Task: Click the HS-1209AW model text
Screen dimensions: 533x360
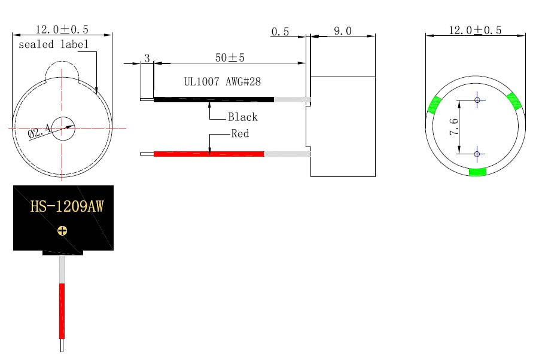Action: click(x=67, y=206)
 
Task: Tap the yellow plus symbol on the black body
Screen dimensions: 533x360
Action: click(x=62, y=231)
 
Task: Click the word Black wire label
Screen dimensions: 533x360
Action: click(x=243, y=117)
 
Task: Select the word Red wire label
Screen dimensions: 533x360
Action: click(x=240, y=133)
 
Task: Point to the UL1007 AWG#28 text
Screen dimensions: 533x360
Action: click(x=223, y=81)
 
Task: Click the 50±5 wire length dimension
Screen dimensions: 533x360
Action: click(x=230, y=57)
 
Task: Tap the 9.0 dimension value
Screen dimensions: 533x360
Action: click(x=343, y=31)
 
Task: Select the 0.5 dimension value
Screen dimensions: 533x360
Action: click(x=280, y=32)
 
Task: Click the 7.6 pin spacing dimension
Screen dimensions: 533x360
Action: click(x=454, y=127)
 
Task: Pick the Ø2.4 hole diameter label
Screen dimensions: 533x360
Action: click(x=39, y=131)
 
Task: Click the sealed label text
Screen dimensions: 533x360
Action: click(x=53, y=44)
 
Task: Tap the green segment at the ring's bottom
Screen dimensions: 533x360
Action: click(x=477, y=172)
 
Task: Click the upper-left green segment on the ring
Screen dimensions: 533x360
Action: click(x=434, y=105)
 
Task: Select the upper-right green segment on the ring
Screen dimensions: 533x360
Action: click(x=514, y=101)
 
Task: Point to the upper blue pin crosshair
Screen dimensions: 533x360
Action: click(x=477, y=100)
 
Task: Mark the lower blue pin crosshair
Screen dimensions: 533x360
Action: click(x=477, y=154)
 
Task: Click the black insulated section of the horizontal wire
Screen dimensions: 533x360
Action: click(x=214, y=100)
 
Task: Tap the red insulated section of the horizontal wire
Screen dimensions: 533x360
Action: click(x=209, y=154)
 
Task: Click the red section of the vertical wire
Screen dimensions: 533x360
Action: click(x=62, y=311)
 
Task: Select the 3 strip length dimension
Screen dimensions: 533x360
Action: click(x=147, y=58)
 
